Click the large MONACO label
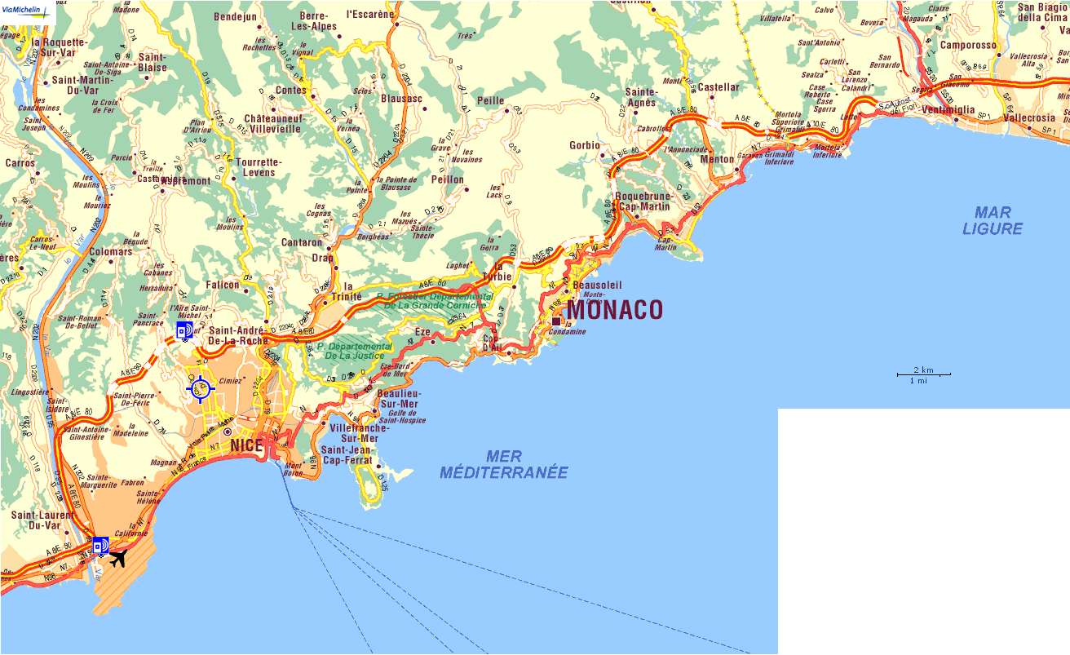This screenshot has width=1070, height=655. [x=615, y=310]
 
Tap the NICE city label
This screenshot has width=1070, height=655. [x=247, y=445]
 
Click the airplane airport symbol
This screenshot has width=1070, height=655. [x=119, y=559]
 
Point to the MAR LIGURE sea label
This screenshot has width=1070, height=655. [x=993, y=221]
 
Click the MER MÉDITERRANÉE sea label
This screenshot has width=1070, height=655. [x=503, y=464]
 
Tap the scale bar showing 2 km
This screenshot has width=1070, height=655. [x=923, y=374]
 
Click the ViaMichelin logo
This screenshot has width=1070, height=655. [x=27, y=9]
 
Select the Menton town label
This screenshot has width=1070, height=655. [x=717, y=159]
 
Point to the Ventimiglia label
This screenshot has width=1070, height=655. [x=948, y=109]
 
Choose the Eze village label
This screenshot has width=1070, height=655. [x=422, y=332]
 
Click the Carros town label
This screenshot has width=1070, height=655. [x=20, y=163]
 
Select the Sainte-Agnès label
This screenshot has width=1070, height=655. [x=641, y=98]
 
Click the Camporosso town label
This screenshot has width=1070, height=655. [x=968, y=46]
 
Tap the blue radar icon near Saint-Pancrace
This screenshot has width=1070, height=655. [x=185, y=330]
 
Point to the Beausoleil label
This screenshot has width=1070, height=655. [x=598, y=285]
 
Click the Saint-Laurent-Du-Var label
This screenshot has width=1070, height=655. [x=41, y=520]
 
